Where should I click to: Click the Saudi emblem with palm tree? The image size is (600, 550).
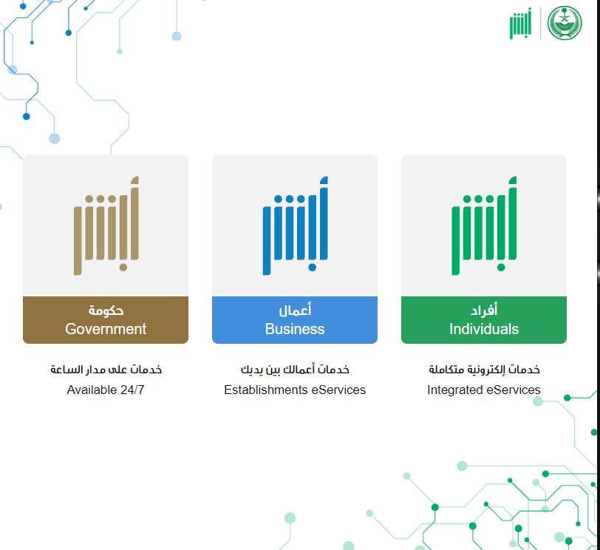point(565,23)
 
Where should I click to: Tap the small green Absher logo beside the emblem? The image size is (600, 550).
point(520,24)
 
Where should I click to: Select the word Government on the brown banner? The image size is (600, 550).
point(106,329)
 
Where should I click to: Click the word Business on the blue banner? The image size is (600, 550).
point(295,329)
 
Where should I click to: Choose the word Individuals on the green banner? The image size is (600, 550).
point(484,329)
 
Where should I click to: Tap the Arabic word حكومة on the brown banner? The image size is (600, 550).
point(106,310)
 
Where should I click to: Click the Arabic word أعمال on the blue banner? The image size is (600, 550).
point(295,309)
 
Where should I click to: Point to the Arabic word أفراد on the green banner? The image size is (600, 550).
point(484,309)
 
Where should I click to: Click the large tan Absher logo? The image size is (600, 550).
point(106,225)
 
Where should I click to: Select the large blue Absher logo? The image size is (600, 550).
point(295,225)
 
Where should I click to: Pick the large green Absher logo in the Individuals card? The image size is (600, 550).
point(484,225)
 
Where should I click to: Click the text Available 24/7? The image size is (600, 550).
point(106,390)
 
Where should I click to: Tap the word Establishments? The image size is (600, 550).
point(266,390)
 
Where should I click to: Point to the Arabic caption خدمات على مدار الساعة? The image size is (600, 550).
point(106,370)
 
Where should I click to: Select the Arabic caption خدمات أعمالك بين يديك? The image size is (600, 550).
point(295,370)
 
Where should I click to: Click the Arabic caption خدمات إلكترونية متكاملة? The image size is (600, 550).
point(484,370)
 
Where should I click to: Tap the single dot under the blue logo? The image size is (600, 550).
point(313,267)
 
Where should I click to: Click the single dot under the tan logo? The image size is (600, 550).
point(123,267)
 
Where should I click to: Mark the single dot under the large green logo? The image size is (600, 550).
point(501,267)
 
